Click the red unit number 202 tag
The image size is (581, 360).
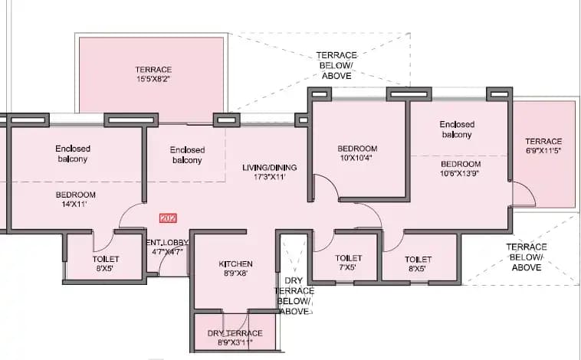coord(168,218)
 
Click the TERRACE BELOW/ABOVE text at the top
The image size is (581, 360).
coord(336,66)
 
